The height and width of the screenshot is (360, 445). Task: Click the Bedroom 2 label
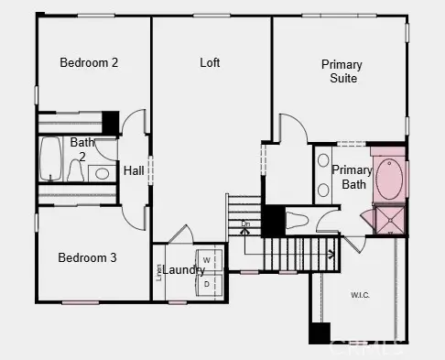[89, 63]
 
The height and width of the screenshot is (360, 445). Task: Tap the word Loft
[211, 63]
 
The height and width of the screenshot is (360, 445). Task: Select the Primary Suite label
[341, 71]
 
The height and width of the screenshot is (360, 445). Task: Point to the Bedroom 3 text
[87, 258]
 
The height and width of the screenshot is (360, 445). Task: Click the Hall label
[134, 170]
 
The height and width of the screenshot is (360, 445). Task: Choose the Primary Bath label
[353, 177]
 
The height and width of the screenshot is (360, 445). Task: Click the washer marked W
[207, 261]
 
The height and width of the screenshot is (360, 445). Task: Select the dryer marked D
[207, 284]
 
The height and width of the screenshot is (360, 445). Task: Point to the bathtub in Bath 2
[50, 159]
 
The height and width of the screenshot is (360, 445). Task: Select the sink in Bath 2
[103, 172]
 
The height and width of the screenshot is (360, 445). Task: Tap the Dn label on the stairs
[245, 224]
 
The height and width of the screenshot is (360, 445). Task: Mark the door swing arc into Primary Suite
[291, 125]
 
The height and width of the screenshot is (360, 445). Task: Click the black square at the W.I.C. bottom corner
[319, 333]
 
